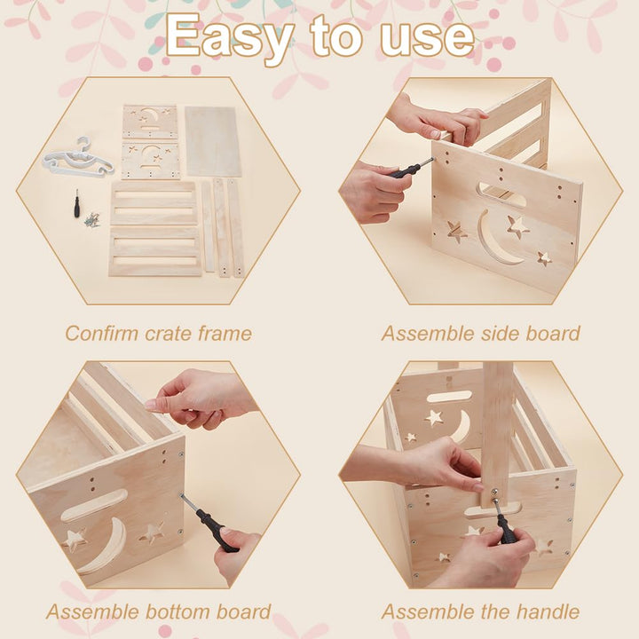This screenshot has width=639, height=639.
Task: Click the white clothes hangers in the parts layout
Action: coord(78,159)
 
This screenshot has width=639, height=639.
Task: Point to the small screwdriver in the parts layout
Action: coord(76,203)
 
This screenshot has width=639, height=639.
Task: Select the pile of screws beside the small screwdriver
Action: coord(91,220)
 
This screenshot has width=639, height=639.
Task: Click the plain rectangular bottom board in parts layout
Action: coord(213,141)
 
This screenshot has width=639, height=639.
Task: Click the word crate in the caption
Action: coord(169,335)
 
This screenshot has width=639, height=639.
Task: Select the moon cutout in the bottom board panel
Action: coord(104,545)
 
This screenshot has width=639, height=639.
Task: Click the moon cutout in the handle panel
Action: coord(461,427)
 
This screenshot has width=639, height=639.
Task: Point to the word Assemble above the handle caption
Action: coord(428,612)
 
